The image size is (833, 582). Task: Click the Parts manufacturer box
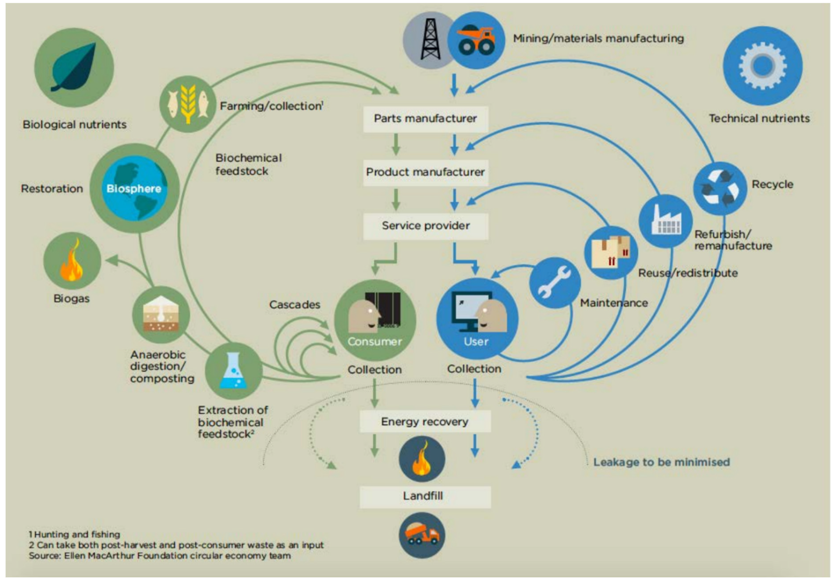(425, 118)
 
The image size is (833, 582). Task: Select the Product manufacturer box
(425, 172)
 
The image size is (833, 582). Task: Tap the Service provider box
(425, 226)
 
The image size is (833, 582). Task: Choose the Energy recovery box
(425, 422)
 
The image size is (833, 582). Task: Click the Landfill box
(425, 496)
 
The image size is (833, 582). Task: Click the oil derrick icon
(430, 40)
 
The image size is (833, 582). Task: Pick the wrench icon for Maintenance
(554, 283)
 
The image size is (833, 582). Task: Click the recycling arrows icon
(720, 188)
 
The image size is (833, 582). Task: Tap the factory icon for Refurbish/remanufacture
(665, 221)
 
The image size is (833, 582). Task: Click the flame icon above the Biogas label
(72, 261)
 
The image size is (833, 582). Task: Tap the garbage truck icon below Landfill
(422, 535)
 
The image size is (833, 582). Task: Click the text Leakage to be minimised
(661, 462)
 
